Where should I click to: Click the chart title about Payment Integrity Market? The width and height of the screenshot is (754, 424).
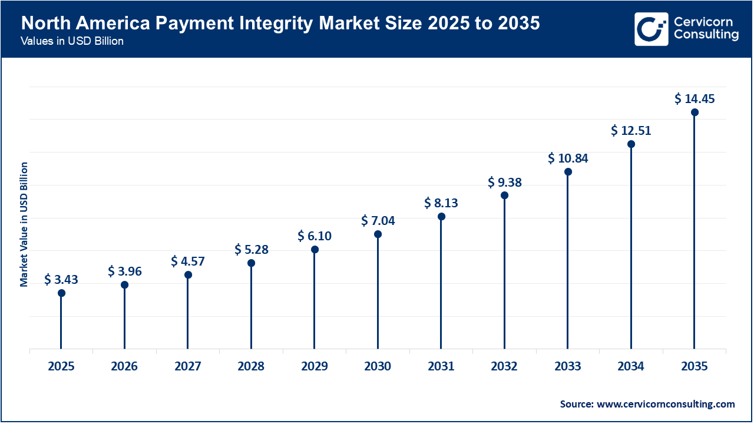(x=280, y=24)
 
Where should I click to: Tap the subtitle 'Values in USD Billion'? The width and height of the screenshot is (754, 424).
(x=72, y=42)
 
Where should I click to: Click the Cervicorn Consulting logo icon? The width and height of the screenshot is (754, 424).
(x=651, y=29)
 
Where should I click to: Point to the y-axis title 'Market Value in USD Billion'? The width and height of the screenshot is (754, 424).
(x=24, y=224)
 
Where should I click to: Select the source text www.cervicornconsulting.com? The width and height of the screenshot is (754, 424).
(x=647, y=404)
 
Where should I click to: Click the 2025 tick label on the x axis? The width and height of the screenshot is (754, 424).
(x=61, y=367)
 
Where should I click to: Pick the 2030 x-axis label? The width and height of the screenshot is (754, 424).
(x=378, y=367)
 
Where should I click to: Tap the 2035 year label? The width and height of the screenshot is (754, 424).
(x=694, y=367)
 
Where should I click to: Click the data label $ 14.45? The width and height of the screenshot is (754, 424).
(x=695, y=99)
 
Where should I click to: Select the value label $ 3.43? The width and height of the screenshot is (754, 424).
(x=61, y=280)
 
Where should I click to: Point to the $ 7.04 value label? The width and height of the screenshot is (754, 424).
(x=378, y=221)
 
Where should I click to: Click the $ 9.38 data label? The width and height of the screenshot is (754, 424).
(x=505, y=183)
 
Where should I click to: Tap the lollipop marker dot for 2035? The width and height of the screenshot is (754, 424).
(x=695, y=112)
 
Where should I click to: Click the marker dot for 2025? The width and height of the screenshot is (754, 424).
(x=61, y=293)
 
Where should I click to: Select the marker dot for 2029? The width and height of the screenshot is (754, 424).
(x=315, y=250)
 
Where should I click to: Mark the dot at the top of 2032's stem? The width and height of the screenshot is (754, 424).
(x=505, y=196)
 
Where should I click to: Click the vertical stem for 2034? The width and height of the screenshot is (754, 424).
(x=631, y=247)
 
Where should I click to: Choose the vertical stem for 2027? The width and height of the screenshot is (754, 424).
(x=188, y=312)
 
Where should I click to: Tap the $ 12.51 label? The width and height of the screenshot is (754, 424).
(x=631, y=131)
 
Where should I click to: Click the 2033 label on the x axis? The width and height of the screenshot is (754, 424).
(x=568, y=367)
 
